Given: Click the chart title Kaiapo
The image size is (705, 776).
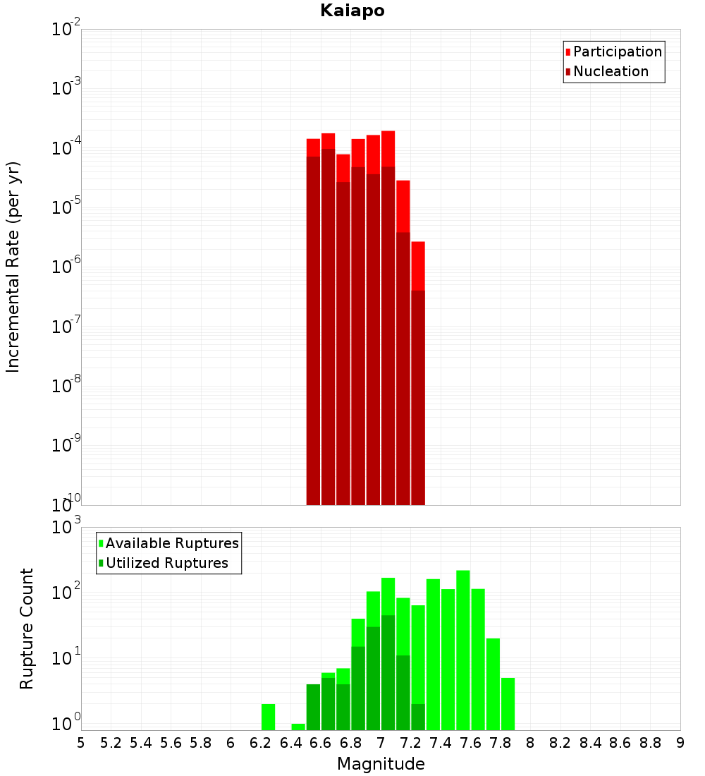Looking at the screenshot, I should pos(352,11).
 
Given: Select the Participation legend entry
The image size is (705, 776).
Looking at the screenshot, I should pos(617,51).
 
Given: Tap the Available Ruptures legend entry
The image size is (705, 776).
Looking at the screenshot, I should pos(171,543).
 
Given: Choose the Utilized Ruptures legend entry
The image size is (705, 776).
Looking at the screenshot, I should pos(166,563).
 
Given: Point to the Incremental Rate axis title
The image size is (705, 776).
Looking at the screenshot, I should pos(13,267).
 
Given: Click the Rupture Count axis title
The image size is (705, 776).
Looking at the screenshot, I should pos(27,628).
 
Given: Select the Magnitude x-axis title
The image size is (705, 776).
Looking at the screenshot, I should pos(381,764).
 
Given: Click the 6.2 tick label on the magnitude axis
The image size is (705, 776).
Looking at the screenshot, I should pos(261,743).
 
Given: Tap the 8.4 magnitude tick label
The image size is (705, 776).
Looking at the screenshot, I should pos(590,743).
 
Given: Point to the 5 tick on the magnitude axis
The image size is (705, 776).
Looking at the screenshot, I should pos(81,743).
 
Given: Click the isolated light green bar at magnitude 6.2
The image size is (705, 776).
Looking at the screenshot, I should pos(268,717).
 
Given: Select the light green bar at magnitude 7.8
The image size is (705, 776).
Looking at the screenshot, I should pos(508,704).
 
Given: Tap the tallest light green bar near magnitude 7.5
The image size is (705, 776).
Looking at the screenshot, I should pos(463,649).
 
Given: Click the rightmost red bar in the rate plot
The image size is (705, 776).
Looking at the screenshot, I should pos(418,374).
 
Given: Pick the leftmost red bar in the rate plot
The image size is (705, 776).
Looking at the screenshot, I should pos(314,325).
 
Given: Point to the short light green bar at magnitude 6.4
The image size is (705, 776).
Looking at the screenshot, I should pos(298,727).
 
